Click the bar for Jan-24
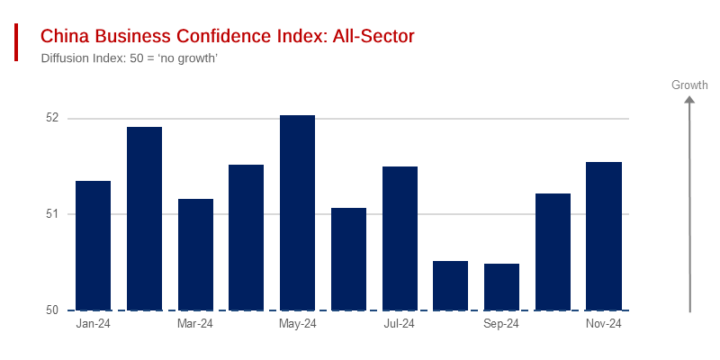pos(93,246)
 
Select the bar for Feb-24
pos(144,219)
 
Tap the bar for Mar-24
pos(195,255)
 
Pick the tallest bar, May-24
pos(297,212)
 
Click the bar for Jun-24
pos(348,259)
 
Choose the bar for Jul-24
pos(400,238)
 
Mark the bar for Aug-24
pos(450,285)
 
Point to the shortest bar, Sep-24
pos(501,287)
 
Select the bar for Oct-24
pos(553,252)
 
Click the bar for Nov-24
pos(604,236)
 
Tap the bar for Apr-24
pos(246,238)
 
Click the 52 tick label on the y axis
pos(51,118)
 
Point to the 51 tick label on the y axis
pos(51,214)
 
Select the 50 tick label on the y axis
pos(51,310)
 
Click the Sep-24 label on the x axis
pos(501,324)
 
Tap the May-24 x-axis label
pos(297,324)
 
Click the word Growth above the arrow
pos(689,85)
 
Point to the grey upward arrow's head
pos(689,100)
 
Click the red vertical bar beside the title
pos(16,42)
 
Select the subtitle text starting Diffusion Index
pos(130,58)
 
